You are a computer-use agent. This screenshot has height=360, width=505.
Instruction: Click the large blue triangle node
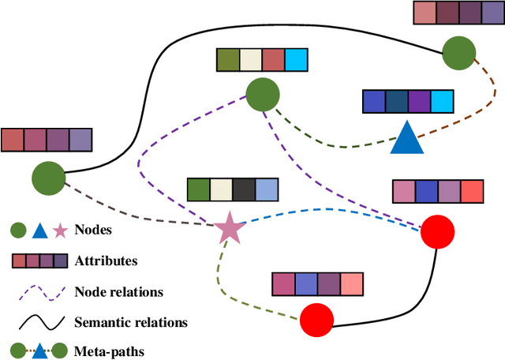(x=407, y=139)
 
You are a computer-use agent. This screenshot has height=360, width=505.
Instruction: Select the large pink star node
(x=230, y=228)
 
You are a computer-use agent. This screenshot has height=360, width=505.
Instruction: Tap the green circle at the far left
(x=47, y=177)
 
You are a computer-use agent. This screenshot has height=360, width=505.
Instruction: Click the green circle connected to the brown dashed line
(x=458, y=54)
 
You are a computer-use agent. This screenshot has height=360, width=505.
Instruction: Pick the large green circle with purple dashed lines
(x=262, y=95)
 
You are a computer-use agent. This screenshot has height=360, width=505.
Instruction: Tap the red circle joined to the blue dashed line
(x=437, y=232)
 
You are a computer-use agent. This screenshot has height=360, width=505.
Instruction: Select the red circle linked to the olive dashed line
(x=317, y=320)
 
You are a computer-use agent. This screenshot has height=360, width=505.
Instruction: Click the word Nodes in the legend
(x=93, y=231)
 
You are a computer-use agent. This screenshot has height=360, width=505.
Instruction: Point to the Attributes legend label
(x=107, y=261)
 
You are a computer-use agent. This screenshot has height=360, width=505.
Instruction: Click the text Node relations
(x=118, y=291)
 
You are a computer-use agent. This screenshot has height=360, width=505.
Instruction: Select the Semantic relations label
(x=130, y=321)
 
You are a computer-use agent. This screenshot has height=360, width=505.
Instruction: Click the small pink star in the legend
(x=59, y=231)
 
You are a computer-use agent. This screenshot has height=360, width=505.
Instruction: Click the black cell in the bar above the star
(x=244, y=189)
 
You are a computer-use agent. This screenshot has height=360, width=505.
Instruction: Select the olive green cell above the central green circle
(x=227, y=60)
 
